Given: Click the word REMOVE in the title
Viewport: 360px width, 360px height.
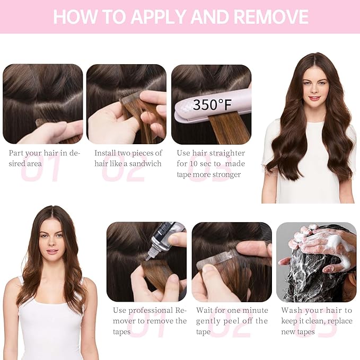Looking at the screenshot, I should tap(271, 16).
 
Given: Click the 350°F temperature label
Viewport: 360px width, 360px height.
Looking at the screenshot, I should tap(212, 104).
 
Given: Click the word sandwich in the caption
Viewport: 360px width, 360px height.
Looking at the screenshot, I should tap(145, 163).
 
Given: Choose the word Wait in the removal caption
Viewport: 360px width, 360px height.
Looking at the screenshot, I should tap(205, 310).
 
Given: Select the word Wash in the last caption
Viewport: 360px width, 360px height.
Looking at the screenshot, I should tap(292, 310).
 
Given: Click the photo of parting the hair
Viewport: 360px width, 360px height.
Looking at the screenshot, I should tap(43, 104).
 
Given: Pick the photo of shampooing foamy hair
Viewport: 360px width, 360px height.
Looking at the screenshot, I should tap(316, 262).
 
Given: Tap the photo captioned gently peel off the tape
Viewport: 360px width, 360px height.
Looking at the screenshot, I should tap(232, 262).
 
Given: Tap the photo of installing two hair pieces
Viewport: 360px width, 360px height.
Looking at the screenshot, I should tap(127, 104).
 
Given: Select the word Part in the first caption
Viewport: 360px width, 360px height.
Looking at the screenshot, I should tap(16, 153).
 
